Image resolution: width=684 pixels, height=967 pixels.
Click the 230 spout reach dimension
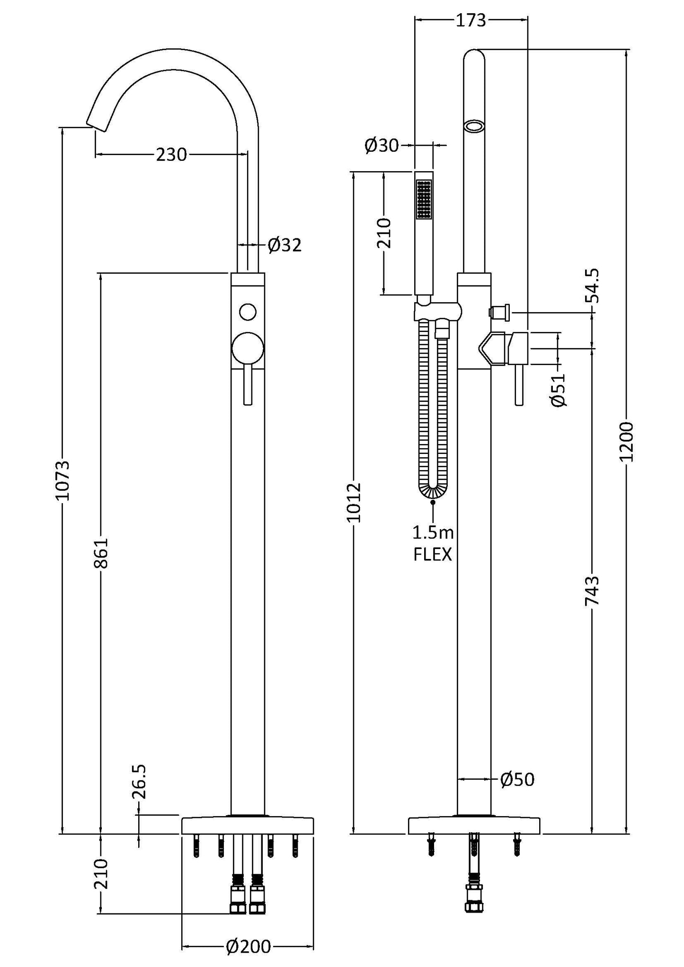pos(171,154)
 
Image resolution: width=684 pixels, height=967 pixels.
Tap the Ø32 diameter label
pos(284,245)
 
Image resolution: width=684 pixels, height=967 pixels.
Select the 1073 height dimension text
pos(62,480)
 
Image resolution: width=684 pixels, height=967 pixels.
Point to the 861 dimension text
pos(100,553)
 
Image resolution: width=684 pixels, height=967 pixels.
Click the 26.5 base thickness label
pos(139,782)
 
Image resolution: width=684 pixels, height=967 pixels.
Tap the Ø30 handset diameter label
pos(382,146)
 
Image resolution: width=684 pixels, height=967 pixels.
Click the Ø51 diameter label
pos(559,390)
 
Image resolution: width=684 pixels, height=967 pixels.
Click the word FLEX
pos(433,554)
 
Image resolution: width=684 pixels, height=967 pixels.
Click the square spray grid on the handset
pos(424,199)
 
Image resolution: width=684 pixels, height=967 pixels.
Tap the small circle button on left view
pos(248,312)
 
